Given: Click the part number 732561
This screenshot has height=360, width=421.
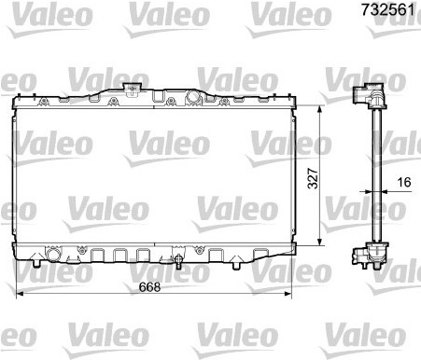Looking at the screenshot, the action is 387,9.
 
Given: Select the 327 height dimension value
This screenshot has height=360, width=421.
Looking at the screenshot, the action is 313,178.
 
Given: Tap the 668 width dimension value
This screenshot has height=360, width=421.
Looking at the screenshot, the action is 149,287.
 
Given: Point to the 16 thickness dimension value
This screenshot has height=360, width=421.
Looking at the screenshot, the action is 404,182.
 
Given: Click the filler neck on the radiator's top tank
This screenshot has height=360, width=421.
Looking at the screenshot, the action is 132,88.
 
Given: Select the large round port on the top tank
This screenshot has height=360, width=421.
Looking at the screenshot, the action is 193,97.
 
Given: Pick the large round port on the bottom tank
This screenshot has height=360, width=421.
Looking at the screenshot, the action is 53,254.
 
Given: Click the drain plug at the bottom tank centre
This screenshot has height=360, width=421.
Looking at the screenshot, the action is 178,261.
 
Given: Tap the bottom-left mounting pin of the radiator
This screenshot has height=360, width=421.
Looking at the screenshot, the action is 36,261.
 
